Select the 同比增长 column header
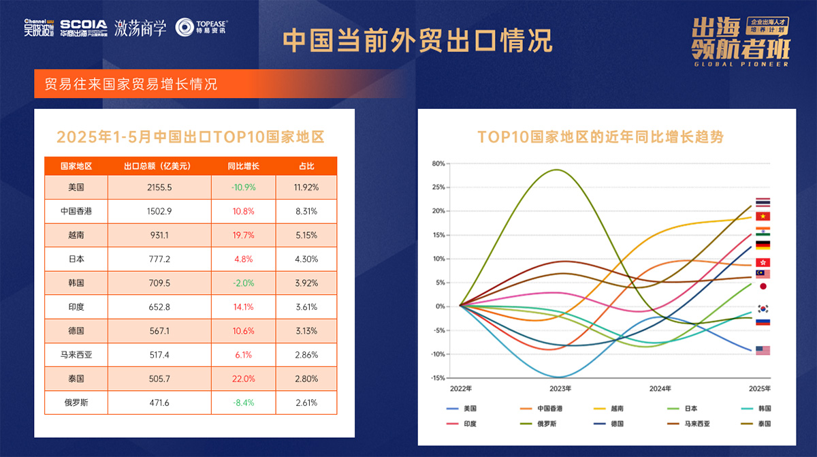pyautogui.click(x=243, y=166)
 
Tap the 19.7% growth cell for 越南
pyautogui.click(x=243, y=235)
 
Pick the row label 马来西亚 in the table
pyautogui.click(x=76, y=355)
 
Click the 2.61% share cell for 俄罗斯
pyautogui.click(x=306, y=403)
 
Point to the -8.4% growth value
pyautogui.click(x=243, y=403)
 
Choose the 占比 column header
pyautogui.click(x=306, y=166)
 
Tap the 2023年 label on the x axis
pyautogui.click(x=560, y=389)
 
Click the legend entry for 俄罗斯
pyautogui.click(x=552, y=423)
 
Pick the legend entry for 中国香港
pyautogui.click(x=552, y=409)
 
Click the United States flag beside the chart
pyautogui.click(x=763, y=350)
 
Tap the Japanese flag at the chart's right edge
pyautogui.click(x=763, y=287)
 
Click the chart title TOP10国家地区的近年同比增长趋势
pyautogui.click(x=600, y=137)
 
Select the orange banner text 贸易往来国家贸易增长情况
pyautogui.click(x=131, y=85)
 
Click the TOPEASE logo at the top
pyautogui.click(x=201, y=27)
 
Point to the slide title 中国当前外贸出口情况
pyautogui.click(x=417, y=41)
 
